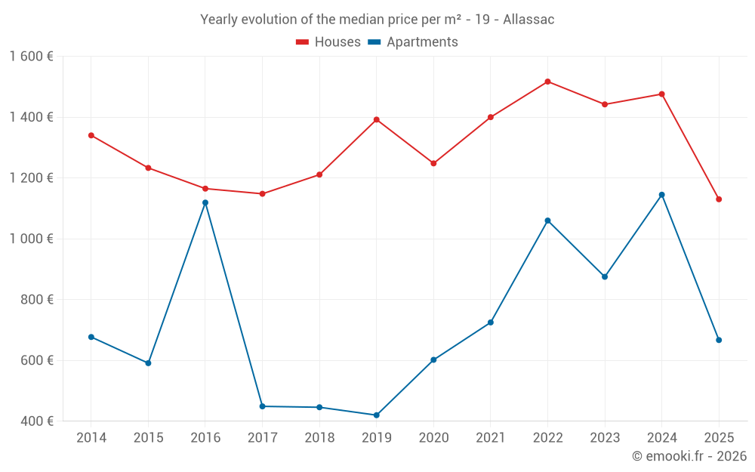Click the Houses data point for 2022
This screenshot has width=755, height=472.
pos(547,82)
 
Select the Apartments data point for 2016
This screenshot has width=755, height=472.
pos(205,202)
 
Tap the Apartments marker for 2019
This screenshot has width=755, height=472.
pos(377,415)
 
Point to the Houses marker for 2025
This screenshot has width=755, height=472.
pos(719,199)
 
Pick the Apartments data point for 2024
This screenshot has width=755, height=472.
pos(662,195)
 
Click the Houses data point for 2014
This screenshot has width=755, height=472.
pos(91,135)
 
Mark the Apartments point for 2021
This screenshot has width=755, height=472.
pos(491,322)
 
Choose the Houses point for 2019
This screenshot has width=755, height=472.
pos(377,119)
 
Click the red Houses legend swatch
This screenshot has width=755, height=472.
pos(303,42)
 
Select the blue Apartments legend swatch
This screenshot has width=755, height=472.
pos(374,42)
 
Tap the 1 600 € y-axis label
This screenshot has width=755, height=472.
pos(31,57)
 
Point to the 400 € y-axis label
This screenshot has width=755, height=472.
pos(35,421)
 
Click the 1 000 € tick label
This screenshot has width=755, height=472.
pos(31,239)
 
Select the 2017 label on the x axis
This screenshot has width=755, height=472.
pos(262,438)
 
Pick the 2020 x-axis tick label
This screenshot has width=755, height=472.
pos(433,438)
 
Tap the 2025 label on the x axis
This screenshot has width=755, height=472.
pos(719,438)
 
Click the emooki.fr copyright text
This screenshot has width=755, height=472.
pos(689,456)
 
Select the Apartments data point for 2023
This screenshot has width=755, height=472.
pos(605,276)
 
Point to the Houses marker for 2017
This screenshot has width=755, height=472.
pos(263,194)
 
